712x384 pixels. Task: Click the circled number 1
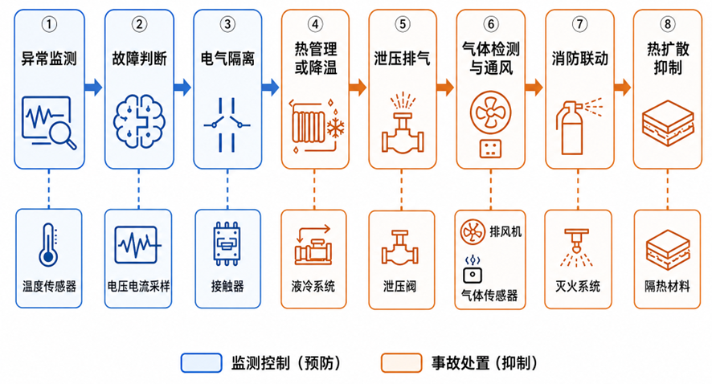[49, 24]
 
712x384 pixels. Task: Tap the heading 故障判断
[139, 59]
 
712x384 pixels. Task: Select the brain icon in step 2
[139, 121]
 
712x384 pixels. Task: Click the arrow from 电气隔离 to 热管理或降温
[270, 87]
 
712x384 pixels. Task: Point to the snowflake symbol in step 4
[336, 128]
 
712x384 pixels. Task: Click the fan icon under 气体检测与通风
[490, 112]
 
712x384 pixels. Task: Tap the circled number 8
[668, 23]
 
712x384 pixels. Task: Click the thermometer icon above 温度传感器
[48, 244]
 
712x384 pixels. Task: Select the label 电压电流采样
[138, 287]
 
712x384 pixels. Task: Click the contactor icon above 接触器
[227, 243]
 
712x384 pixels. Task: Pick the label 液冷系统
[313, 287]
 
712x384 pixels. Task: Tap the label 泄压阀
[399, 287]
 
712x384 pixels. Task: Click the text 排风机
[505, 231]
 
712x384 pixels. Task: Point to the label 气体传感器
[489, 296]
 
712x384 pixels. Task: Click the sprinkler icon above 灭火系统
[576, 247]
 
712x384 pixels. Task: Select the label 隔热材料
[667, 287]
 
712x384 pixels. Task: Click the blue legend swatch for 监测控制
[201, 363]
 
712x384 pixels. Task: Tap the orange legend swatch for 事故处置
[402, 363]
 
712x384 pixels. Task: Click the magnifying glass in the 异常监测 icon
[63, 135]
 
